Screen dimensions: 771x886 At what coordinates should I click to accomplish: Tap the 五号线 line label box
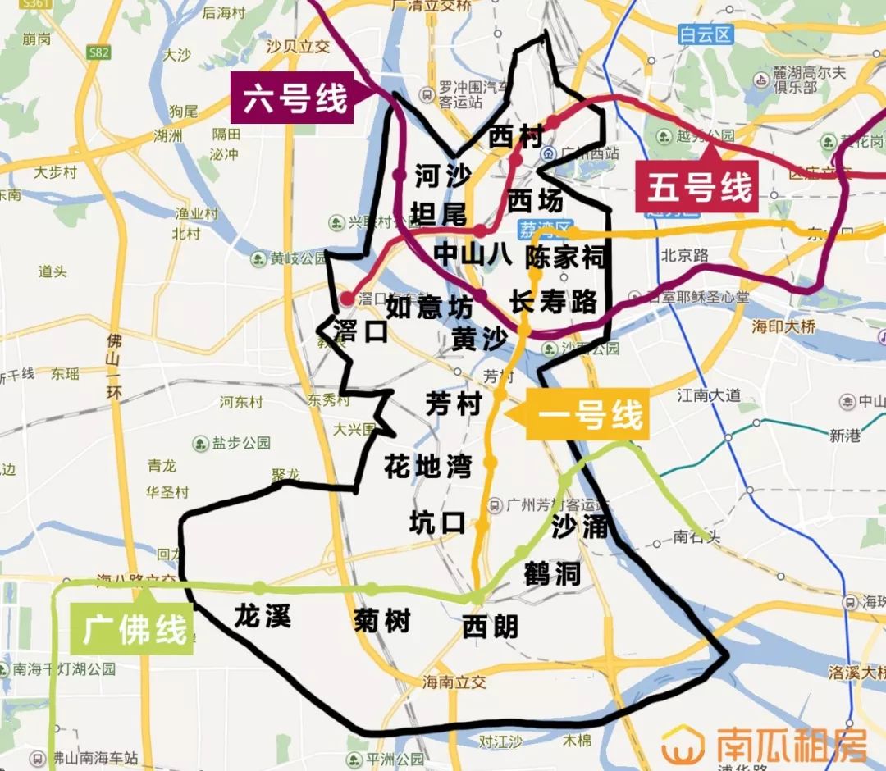pyautogui.click(x=699, y=188)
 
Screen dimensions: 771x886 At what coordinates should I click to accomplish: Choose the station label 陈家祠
pyautogui.click(x=566, y=257)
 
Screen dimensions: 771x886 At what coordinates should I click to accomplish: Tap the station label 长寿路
pyautogui.click(x=553, y=302)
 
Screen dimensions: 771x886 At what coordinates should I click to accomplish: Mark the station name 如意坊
pyautogui.click(x=429, y=307)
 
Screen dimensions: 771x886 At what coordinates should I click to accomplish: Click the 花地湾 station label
pyautogui.click(x=427, y=467)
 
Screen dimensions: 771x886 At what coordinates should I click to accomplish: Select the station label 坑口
pyautogui.click(x=437, y=522)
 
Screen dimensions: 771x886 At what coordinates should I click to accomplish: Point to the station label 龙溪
pyautogui.click(x=262, y=615)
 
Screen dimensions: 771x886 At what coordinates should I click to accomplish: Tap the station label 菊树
pyautogui.click(x=381, y=621)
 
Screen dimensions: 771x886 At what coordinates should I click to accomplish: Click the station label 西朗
pyautogui.click(x=490, y=627)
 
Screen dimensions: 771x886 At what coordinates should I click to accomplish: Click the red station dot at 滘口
pyautogui.click(x=347, y=298)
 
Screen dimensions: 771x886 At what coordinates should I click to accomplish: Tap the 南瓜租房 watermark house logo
pyautogui.click(x=683, y=745)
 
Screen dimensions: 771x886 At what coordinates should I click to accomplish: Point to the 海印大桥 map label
pyautogui.click(x=784, y=326)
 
